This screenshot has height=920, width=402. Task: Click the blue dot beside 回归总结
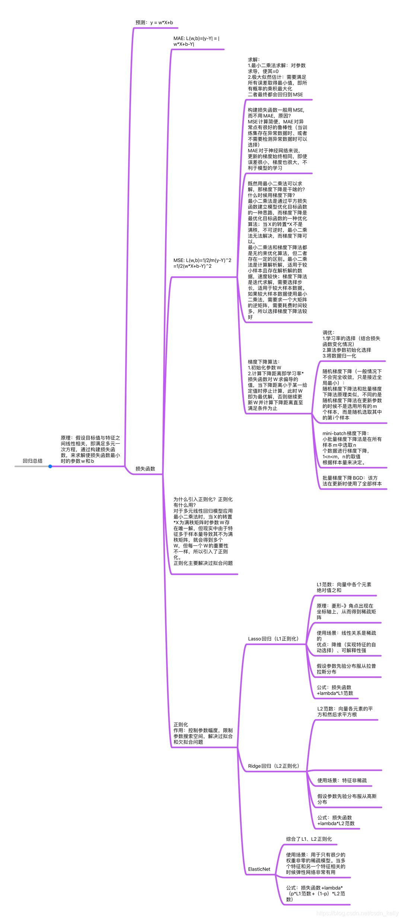click(x=50, y=466)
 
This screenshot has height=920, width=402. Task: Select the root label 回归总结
click(x=33, y=461)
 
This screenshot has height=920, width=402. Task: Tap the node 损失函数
click(x=145, y=469)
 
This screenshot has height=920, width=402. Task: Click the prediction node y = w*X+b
click(x=154, y=23)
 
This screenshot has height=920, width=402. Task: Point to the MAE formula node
click(x=196, y=41)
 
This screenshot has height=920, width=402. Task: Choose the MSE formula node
click(x=202, y=263)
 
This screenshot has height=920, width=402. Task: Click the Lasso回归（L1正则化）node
click(x=273, y=639)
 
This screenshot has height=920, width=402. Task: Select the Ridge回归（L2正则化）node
click(x=274, y=766)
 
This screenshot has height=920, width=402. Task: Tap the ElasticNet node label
click(x=259, y=869)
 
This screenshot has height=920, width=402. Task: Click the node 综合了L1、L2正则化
click(x=309, y=839)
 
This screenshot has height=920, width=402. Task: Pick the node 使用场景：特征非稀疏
click(x=342, y=780)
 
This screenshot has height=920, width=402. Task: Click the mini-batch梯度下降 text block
click(x=352, y=448)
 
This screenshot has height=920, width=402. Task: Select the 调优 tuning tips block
click(x=351, y=344)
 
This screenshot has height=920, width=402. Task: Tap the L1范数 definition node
click(x=344, y=587)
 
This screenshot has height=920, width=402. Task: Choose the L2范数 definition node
click(x=345, y=712)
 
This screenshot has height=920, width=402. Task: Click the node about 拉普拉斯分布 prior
click(x=346, y=669)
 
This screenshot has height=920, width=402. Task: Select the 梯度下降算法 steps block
click(x=277, y=385)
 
